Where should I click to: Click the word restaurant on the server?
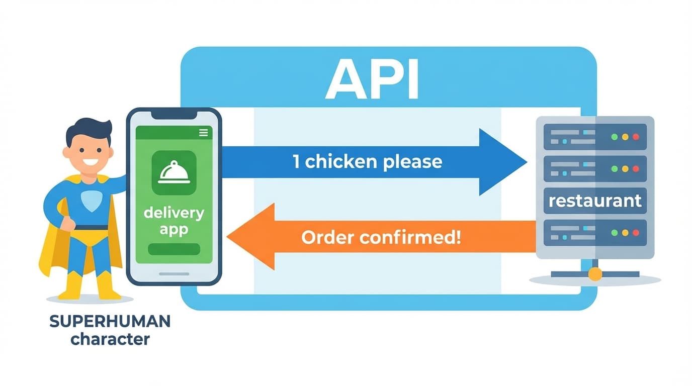click(595, 201)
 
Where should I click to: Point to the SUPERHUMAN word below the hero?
click(110, 322)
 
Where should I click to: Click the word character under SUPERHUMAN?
click(110, 339)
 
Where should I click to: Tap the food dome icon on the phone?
click(174, 172)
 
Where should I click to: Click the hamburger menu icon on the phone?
click(203, 133)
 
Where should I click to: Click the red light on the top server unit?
click(636, 136)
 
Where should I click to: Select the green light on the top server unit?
click(614, 136)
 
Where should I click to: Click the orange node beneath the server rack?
click(595, 274)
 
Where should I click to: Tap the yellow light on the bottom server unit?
click(625, 233)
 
